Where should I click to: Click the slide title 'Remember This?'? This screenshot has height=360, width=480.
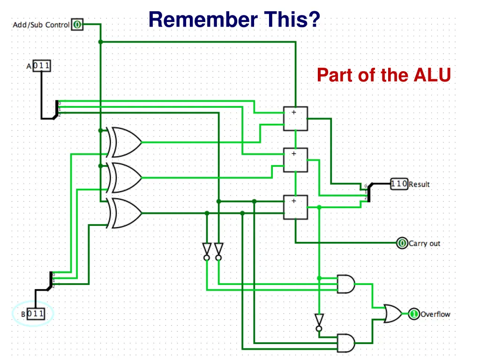coord(234,20)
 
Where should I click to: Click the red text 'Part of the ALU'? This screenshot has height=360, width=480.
coord(383,75)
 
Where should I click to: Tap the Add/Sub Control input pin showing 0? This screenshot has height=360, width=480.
coord(77,24)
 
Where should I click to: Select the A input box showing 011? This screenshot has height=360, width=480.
coord(41,66)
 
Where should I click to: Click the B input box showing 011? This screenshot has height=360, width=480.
coord(36,313)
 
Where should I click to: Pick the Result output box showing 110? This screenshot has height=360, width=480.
coord(399,184)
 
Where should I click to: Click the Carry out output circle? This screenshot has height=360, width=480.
coord(402,243)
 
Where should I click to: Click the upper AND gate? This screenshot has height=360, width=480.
coord(346,284)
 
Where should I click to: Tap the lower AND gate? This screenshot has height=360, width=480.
coord(346,343)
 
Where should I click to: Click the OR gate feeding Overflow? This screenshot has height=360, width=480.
coord(392,314)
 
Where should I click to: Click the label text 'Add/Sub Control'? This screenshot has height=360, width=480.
coord(41,25)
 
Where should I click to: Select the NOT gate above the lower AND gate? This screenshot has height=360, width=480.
coord(319,322)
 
